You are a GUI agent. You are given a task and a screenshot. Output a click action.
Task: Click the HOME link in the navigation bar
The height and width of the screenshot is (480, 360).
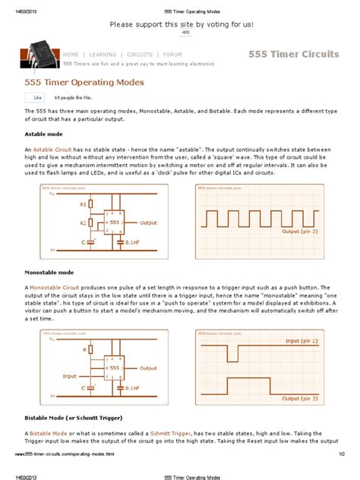(x=71, y=55)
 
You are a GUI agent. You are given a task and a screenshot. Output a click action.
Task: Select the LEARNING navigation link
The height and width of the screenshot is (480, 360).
(x=103, y=55)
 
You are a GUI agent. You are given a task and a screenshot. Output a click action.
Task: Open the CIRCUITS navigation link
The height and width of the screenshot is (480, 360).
(x=140, y=55)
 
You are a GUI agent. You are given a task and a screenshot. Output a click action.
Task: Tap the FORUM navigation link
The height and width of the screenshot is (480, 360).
(x=172, y=55)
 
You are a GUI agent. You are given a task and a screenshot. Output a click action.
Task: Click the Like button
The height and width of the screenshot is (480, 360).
(x=36, y=98)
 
